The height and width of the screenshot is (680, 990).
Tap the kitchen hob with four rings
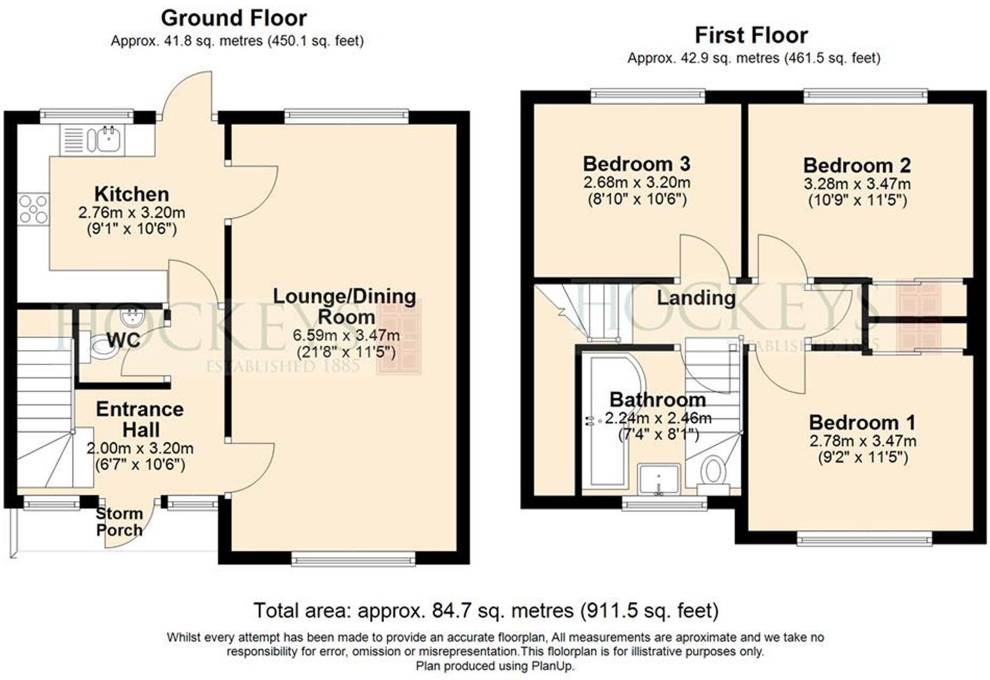pos(33,209)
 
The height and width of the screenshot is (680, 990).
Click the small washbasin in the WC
pos(131,318)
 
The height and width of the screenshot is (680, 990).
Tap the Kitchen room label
pos(132,194)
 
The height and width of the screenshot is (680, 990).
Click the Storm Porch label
pos(119,522)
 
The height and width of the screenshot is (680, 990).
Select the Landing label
pos(696,297)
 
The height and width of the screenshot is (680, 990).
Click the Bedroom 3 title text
pos(637,164)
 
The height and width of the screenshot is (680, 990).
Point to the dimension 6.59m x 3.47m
pos(346,335)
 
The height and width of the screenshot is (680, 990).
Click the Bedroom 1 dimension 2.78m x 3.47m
pos(863,441)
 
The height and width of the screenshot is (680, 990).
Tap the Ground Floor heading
pos(234,18)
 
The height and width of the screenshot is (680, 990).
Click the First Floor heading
pos(751,35)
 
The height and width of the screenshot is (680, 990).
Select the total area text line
pos(486,610)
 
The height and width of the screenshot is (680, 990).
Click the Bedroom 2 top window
pos(866,96)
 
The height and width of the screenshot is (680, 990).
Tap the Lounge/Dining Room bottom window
pos(354,558)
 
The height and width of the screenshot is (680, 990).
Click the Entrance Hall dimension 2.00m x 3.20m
pos(140,448)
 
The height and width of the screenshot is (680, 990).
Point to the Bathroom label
pos(658,399)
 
